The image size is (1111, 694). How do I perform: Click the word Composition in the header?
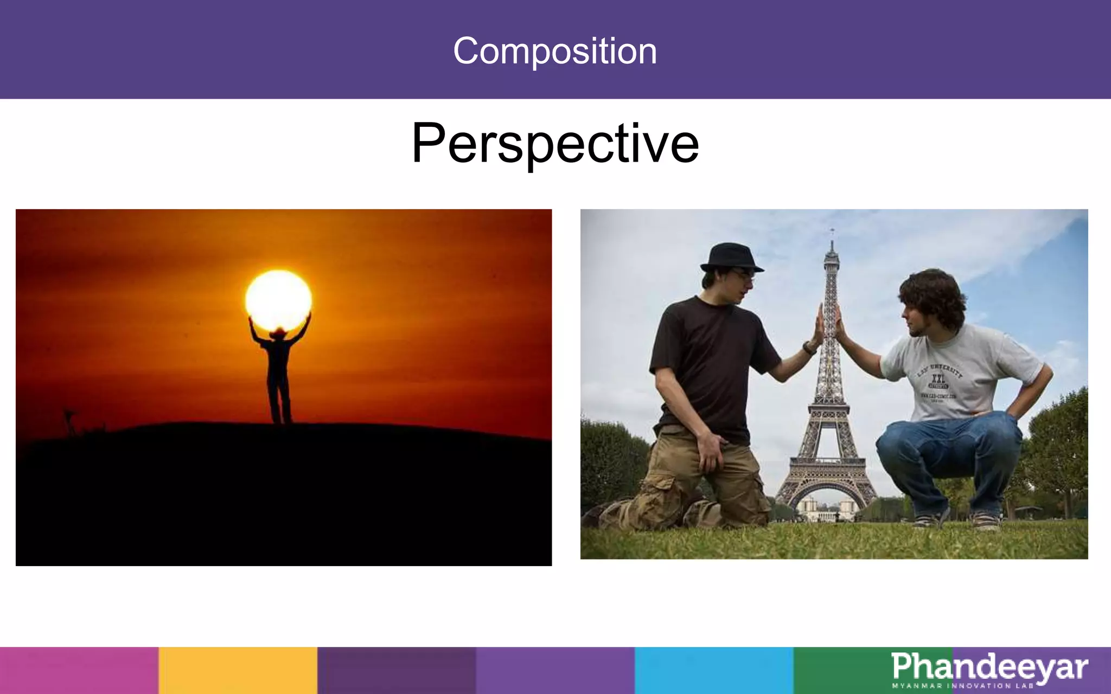point(555,51)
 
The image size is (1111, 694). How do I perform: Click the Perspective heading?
point(555,143)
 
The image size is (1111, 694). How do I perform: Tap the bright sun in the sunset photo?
point(278,300)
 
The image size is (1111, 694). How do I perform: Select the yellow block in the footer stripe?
point(238,670)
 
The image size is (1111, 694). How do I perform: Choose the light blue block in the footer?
point(714,670)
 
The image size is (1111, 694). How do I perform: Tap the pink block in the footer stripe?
point(79,670)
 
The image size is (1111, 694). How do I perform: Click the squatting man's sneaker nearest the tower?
point(929,520)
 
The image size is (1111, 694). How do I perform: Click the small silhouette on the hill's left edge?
point(69,420)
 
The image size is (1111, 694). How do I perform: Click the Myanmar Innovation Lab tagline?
point(963,686)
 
